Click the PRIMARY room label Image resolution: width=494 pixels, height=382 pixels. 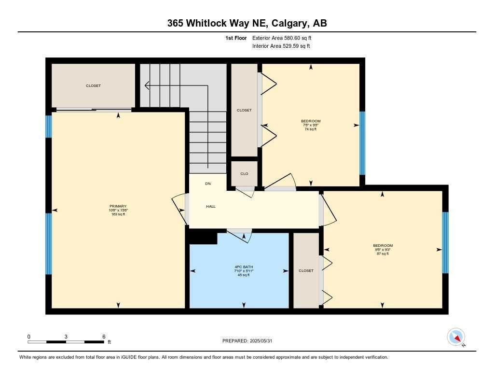coord(118,206)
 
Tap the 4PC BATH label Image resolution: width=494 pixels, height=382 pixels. coord(240,267)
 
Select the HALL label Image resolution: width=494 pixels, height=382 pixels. coord(211,206)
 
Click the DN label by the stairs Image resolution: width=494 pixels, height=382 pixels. coord(208,184)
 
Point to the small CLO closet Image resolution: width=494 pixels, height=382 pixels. coord(244,174)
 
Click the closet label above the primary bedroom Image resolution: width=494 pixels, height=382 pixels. coord(94,85)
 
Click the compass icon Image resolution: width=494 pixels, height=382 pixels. coord(456,337)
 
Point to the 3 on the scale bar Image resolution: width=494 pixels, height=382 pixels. coord(66,336)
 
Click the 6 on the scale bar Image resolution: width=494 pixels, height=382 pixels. coord(104,336)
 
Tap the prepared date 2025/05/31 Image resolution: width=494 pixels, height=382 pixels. coord(250,340)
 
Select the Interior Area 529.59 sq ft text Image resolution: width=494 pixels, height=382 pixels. coord(281,46)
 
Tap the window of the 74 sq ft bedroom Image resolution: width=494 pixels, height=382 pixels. coord(362,143)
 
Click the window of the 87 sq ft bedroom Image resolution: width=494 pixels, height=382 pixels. coord(445,242)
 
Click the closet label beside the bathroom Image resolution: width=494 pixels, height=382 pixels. coord(306,270)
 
